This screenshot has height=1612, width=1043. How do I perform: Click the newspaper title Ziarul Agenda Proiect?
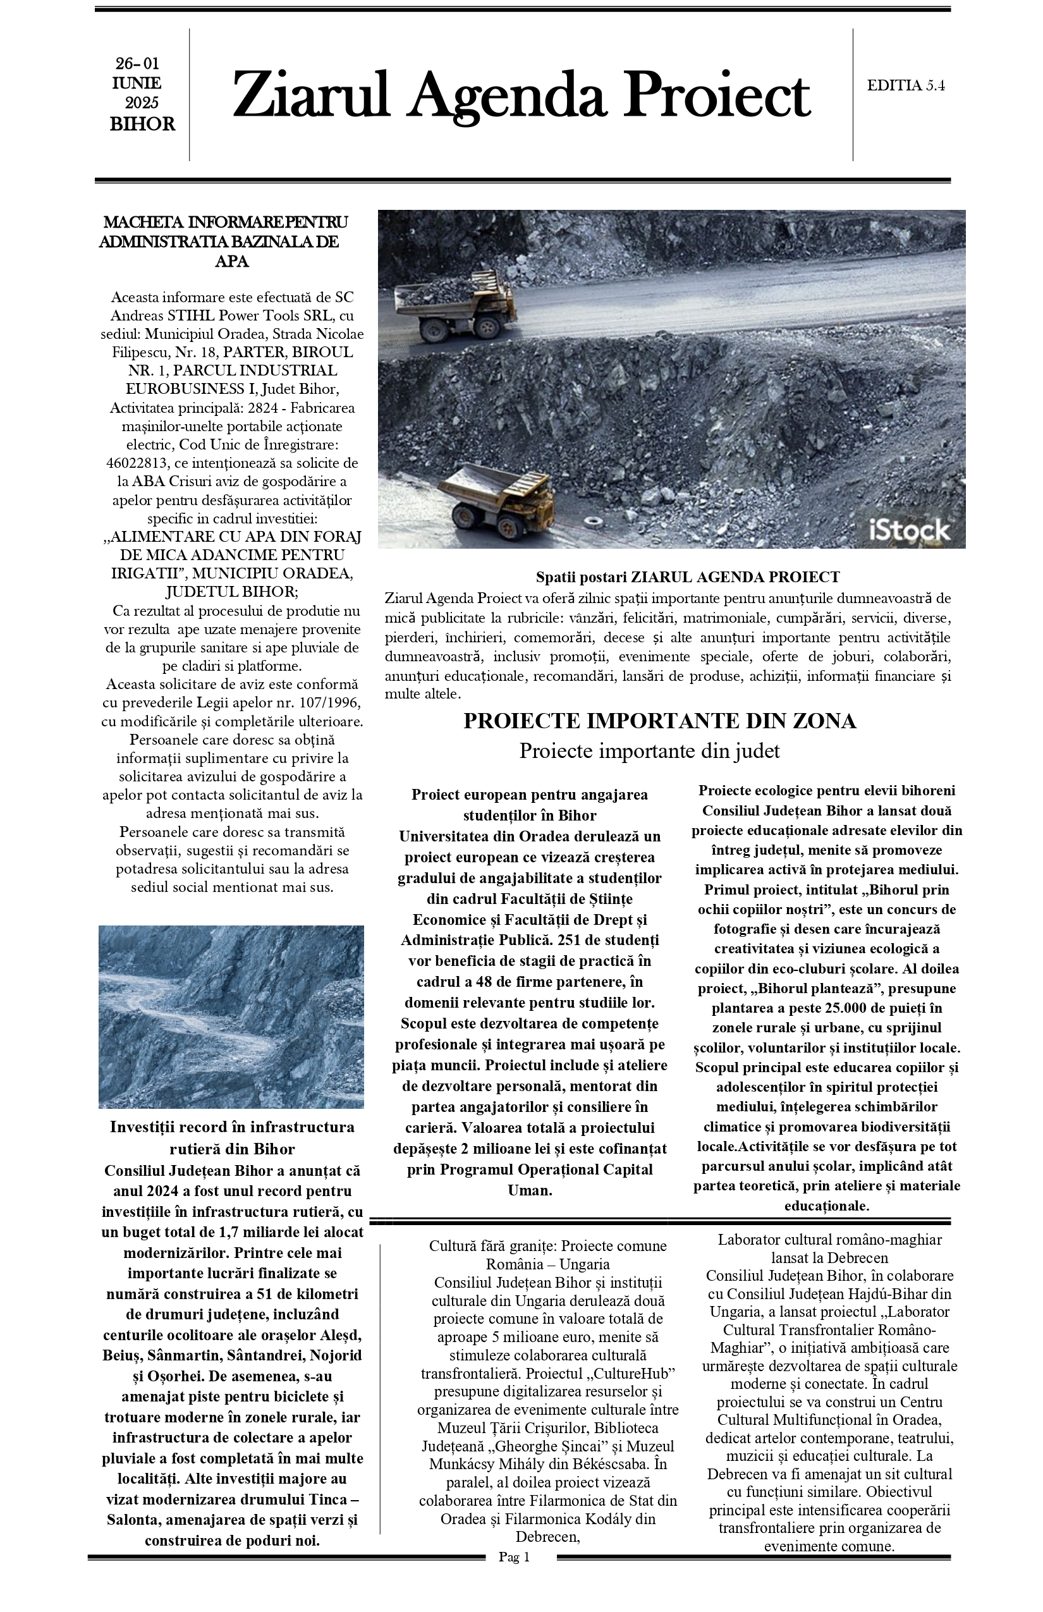pyautogui.click(x=521, y=95)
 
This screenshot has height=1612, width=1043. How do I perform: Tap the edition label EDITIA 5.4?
pyautogui.click(x=905, y=85)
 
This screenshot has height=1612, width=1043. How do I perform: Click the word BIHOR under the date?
pyautogui.click(x=142, y=125)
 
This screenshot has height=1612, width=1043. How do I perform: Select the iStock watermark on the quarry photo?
pyautogui.click(x=909, y=530)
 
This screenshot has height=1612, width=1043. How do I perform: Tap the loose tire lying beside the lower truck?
pyautogui.click(x=595, y=522)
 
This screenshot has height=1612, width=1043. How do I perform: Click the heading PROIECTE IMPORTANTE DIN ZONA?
pyautogui.click(x=659, y=721)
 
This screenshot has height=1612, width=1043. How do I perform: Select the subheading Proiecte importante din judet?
pyautogui.click(x=649, y=750)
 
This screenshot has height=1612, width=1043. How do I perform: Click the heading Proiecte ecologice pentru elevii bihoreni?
pyautogui.click(x=826, y=790)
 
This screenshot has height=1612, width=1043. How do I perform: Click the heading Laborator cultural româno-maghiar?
pyautogui.click(x=829, y=1240)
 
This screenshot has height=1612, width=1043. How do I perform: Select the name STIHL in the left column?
pyautogui.click(x=193, y=315)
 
